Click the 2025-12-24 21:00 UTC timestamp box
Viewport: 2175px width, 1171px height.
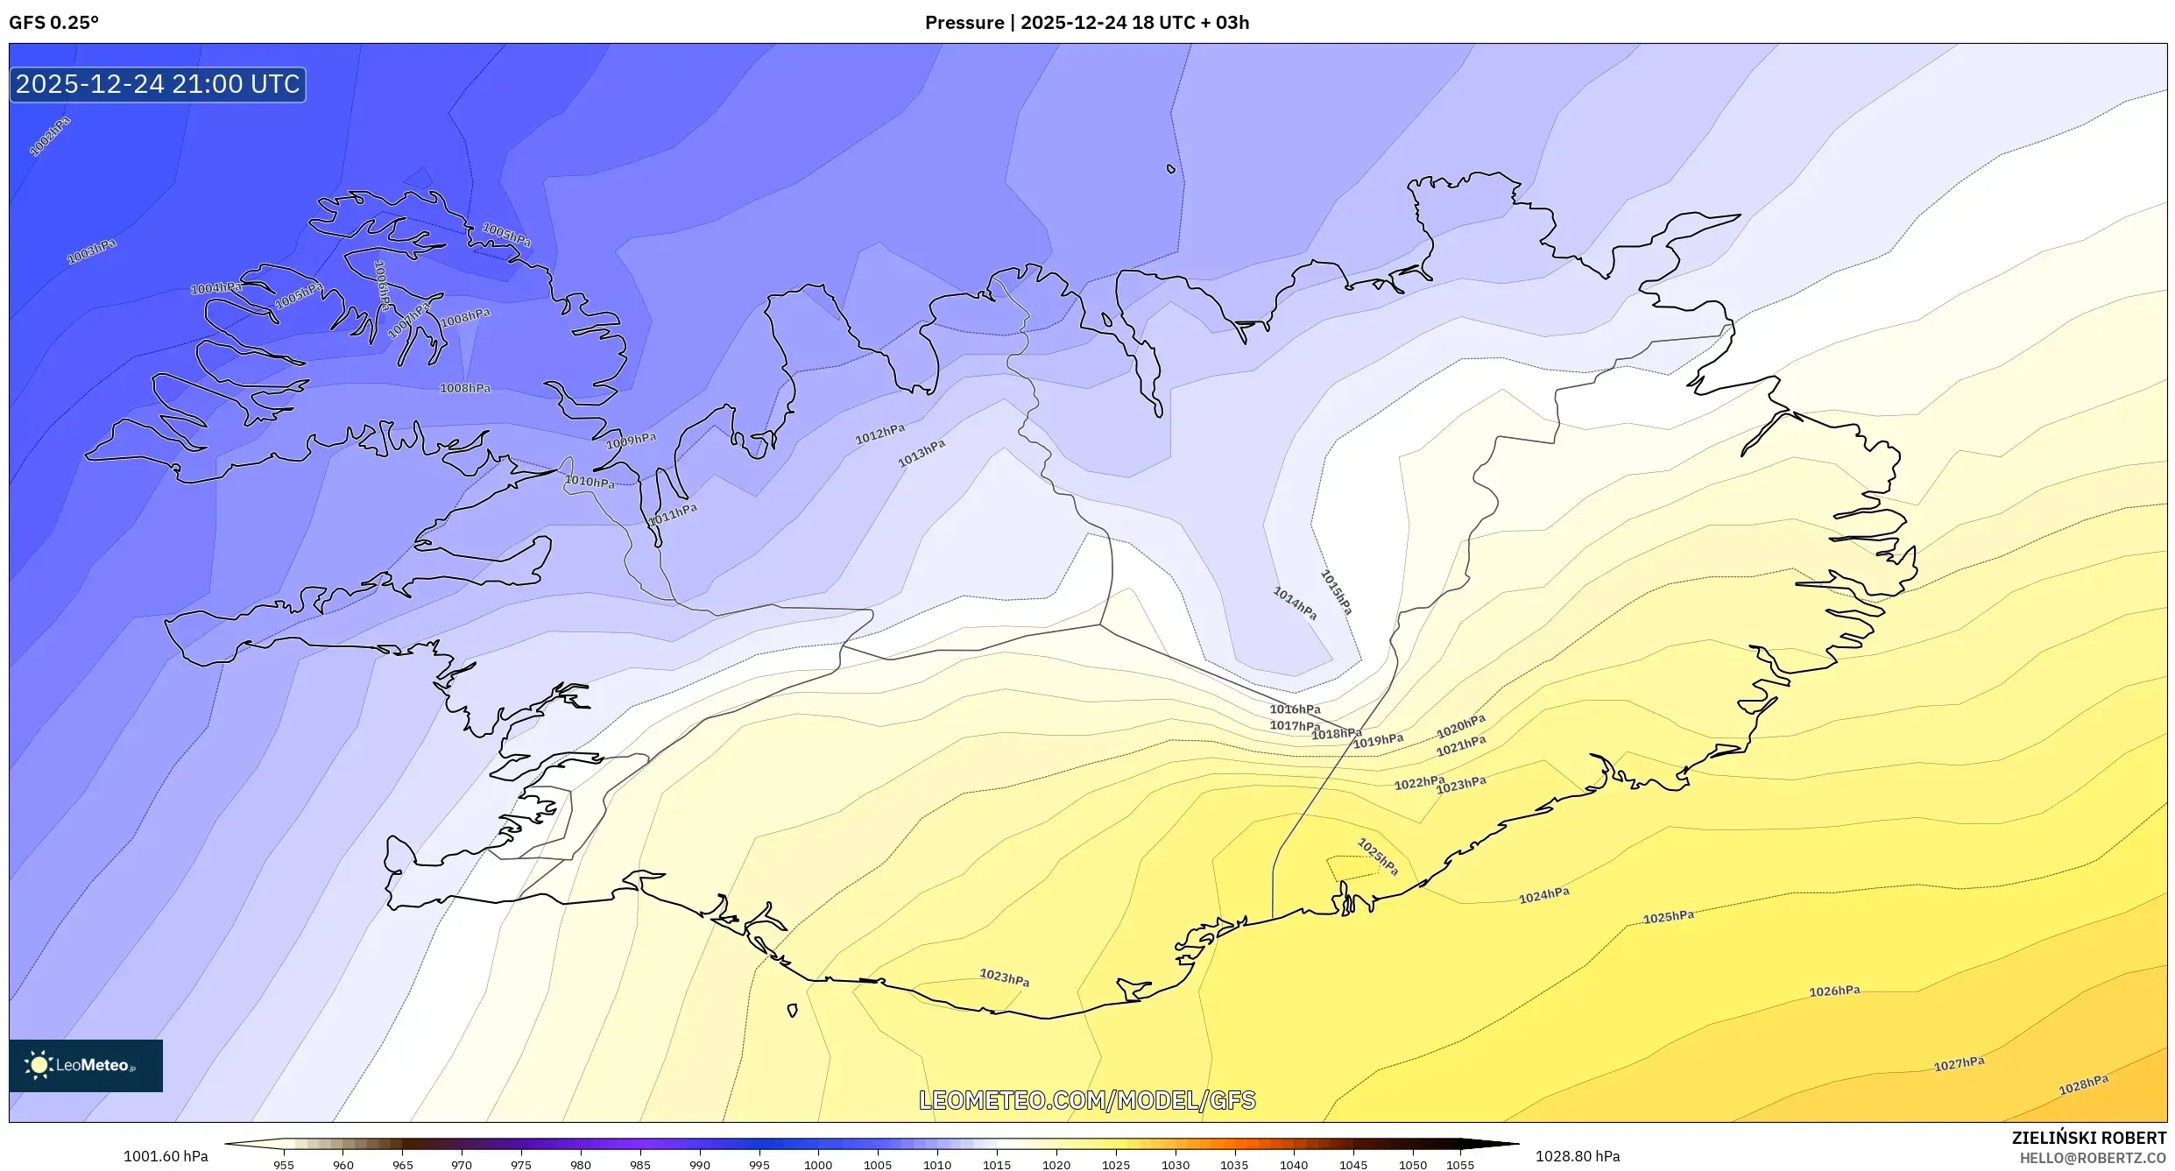tap(158, 84)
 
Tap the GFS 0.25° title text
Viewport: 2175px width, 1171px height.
tap(53, 23)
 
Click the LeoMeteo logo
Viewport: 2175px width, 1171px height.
tap(85, 1065)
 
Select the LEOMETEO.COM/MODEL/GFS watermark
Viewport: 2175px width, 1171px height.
tap(1087, 1100)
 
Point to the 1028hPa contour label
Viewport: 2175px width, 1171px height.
tap(2083, 1084)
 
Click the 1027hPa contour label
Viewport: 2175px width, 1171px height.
tap(1959, 1063)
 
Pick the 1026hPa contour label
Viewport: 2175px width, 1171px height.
tap(1834, 991)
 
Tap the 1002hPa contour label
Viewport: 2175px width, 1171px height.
tap(50, 137)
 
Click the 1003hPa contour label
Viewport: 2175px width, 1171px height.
tap(92, 251)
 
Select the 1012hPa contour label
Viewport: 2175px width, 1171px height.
tap(879, 434)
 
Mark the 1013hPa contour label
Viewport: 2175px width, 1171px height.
tap(922, 453)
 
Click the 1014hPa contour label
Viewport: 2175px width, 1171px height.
tap(1295, 603)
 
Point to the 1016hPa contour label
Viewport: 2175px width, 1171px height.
tap(1295, 709)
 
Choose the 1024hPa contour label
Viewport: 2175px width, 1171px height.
tap(1543, 895)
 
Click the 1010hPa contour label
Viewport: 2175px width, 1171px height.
tap(589, 482)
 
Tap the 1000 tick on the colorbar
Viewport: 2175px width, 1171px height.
tap(818, 1165)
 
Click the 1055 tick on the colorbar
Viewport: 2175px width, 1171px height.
tap(1459, 1165)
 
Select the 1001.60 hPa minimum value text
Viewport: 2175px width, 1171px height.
tap(166, 1156)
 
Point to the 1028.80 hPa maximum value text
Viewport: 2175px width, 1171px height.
tap(1577, 1156)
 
